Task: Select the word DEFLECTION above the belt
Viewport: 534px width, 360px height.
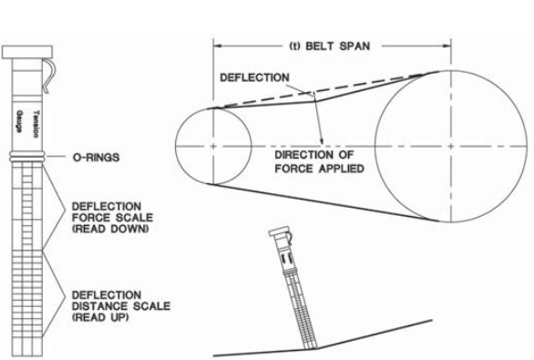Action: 255,77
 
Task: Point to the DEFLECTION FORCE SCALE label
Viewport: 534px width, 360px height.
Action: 111,211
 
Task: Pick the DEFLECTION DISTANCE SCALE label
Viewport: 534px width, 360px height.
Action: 115,301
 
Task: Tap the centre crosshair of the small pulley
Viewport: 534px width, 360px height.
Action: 212,146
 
